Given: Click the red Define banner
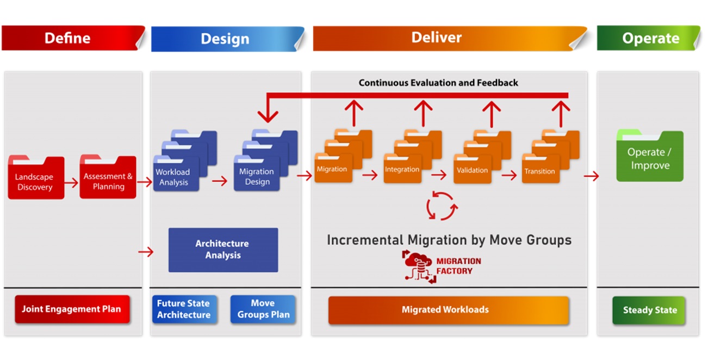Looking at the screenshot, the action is coord(73,38).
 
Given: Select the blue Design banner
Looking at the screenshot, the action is coord(227,39).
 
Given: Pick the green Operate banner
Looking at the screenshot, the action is coord(649,38).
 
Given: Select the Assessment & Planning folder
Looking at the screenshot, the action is coord(108,177).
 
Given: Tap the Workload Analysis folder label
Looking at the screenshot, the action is coord(173,177).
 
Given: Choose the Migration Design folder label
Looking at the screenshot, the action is coord(257,176).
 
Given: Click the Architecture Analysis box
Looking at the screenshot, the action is coord(223,250).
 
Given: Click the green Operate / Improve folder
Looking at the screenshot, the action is coord(650,156).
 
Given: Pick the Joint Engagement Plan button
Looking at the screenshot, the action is coord(72,309).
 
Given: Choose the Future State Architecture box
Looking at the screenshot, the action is coord(184,309).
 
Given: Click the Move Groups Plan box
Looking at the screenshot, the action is coord(263,309).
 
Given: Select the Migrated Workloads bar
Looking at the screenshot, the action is coord(449,310).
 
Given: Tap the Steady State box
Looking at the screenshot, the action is coord(649,310).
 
